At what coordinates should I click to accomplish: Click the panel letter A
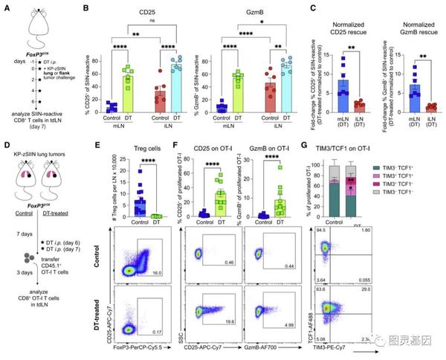pyautogui.click(x=5, y=7)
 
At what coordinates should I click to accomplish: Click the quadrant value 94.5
pyautogui.click(x=320, y=231)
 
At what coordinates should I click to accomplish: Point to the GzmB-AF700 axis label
pyautogui.click(x=279, y=347)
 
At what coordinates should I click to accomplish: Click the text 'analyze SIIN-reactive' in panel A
pyautogui.click(x=37, y=112)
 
